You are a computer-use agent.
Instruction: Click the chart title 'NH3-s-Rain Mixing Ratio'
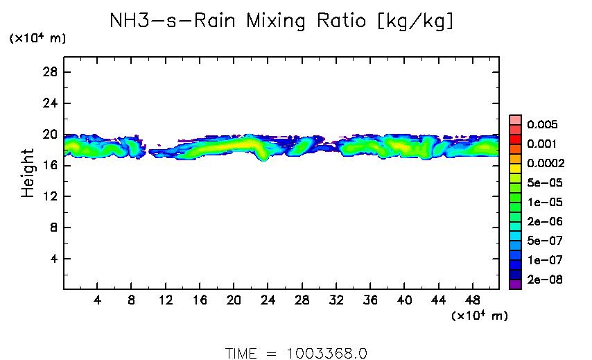283,22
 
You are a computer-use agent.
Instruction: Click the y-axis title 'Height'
28,173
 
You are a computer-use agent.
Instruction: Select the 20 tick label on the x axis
234,302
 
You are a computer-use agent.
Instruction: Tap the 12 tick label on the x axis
166,302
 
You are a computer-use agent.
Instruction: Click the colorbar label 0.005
541,125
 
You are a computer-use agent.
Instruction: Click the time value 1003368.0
327,353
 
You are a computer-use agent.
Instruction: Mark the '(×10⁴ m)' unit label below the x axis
479,316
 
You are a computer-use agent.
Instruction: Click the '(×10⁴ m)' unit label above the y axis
37,39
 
